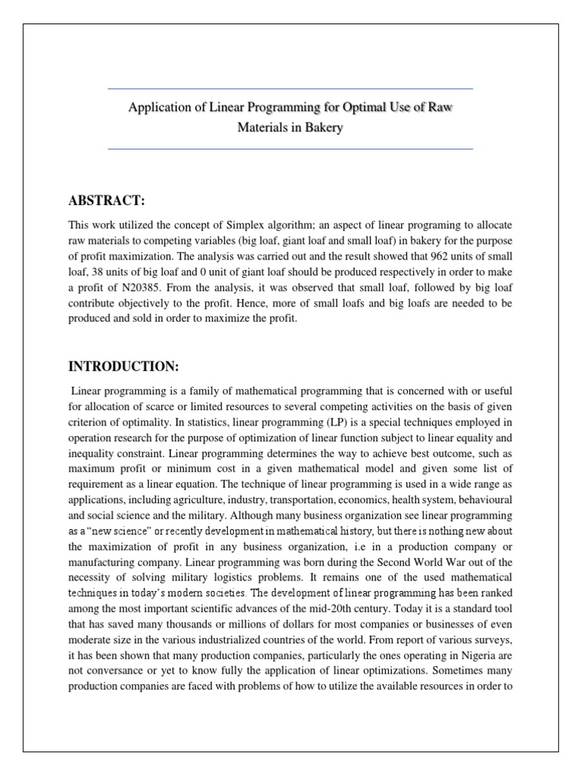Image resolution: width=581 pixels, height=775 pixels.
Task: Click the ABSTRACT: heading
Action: [x=106, y=200]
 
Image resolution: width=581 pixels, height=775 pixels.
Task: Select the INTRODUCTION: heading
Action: [x=123, y=367]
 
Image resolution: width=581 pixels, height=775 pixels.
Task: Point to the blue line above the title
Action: [x=290, y=89]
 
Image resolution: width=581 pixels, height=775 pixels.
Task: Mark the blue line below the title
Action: [x=290, y=149]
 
